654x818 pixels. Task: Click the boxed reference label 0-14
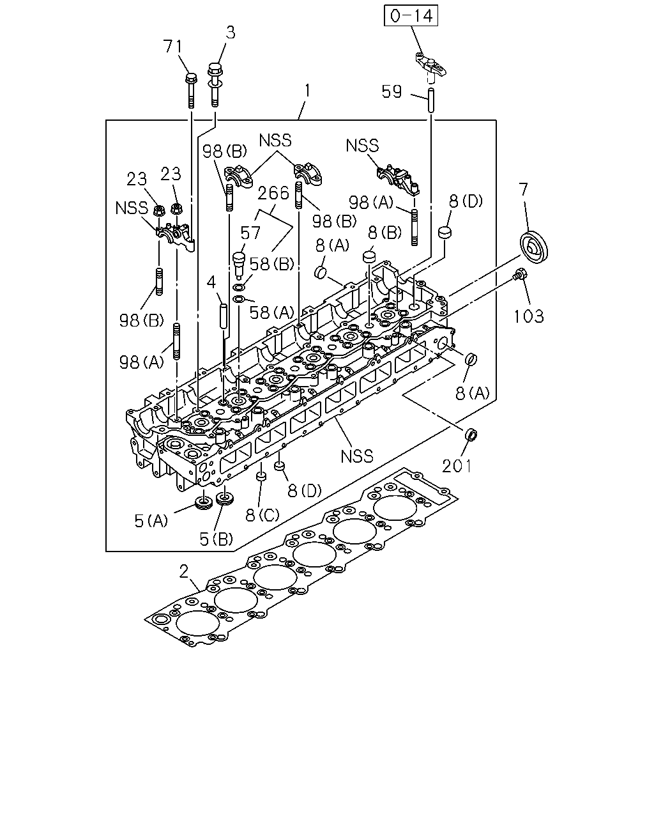click(411, 15)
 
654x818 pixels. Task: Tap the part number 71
click(173, 47)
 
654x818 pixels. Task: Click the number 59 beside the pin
click(392, 91)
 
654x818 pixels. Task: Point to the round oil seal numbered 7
click(533, 246)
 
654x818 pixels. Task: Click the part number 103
click(529, 316)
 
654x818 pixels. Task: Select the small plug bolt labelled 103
click(519, 274)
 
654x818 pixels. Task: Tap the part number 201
click(457, 466)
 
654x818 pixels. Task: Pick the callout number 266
click(273, 193)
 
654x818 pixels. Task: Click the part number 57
click(250, 233)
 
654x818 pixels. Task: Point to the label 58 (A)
click(271, 312)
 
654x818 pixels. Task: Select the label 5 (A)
click(151, 520)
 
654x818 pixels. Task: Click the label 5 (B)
click(216, 539)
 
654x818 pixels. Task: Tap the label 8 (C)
click(262, 514)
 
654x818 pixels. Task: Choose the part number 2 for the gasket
click(184, 571)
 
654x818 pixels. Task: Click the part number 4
click(211, 282)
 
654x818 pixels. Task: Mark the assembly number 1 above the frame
click(307, 91)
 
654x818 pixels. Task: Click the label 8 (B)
click(385, 232)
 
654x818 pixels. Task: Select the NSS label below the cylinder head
click(357, 456)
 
